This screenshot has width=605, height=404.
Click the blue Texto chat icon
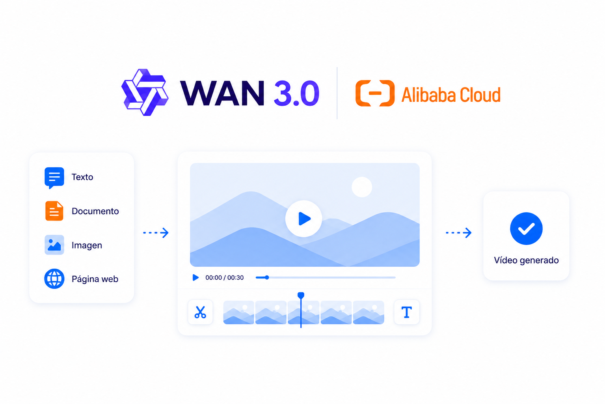pyautogui.click(x=54, y=178)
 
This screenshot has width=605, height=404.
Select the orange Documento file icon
pyautogui.click(x=54, y=211)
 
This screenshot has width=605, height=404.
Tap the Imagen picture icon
pyautogui.click(x=54, y=245)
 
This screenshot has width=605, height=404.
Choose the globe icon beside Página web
pyautogui.click(x=54, y=279)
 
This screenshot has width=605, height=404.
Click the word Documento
pyautogui.click(x=95, y=211)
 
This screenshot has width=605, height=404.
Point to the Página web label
pyautogui.click(x=95, y=279)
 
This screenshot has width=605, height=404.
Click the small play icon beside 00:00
pyautogui.click(x=195, y=277)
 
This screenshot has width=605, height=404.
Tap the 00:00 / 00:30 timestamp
pyautogui.click(x=224, y=277)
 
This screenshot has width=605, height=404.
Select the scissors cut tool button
pyautogui.click(x=200, y=312)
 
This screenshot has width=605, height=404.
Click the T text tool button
pyautogui.click(x=406, y=312)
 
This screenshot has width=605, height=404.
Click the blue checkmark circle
pyautogui.click(x=526, y=228)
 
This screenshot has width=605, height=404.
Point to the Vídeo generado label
pyautogui.click(x=526, y=260)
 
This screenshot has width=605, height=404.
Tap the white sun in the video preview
pyautogui.click(x=362, y=187)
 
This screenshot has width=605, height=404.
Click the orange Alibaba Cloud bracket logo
pyautogui.click(x=375, y=93)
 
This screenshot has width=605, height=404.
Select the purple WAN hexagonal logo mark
pyautogui.click(x=145, y=92)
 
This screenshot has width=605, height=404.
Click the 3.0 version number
pyautogui.click(x=296, y=93)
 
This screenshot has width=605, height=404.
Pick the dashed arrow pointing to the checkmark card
pyautogui.click(x=458, y=232)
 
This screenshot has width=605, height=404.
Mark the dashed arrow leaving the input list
pyautogui.click(x=156, y=232)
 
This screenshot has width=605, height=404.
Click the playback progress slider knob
pyautogui.click(x=267, y=277)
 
